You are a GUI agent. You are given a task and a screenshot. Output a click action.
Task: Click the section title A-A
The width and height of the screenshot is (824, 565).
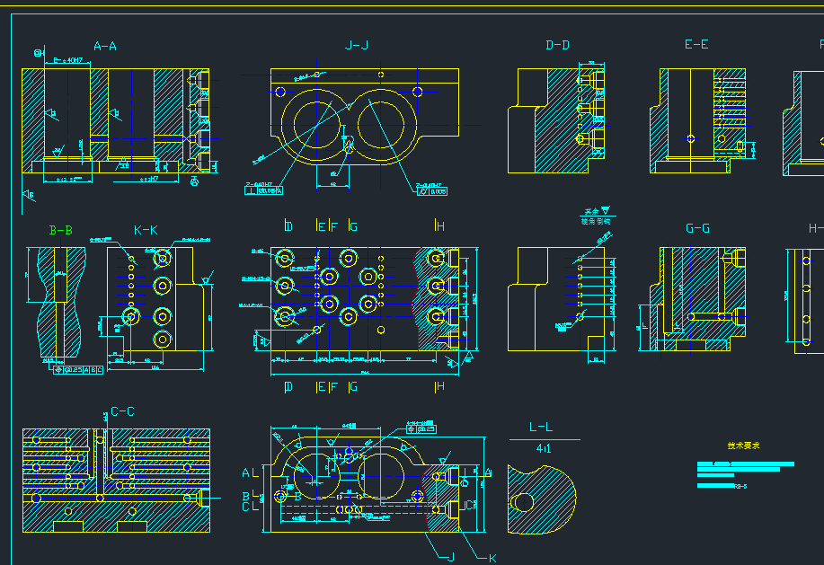pyautogui.click(x=105, y=46)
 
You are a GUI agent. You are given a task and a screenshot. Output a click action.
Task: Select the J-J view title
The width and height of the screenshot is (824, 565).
pyautogui.click(x=357, y=46)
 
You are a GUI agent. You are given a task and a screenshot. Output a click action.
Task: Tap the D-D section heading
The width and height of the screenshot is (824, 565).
pyautogui.click(x=557, y=46)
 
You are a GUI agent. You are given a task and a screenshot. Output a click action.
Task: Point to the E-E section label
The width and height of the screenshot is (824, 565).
pyautogui.click(x=696, y=46)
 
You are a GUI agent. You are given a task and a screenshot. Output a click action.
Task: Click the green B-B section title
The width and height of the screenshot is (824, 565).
pyautogui.click(x=61, y=231)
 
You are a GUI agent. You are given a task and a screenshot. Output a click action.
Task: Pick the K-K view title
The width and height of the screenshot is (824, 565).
pyautogui.click(x=146, y=231)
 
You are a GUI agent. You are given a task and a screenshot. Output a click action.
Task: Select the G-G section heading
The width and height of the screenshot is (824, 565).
pyautogui.click(x=697, y=229)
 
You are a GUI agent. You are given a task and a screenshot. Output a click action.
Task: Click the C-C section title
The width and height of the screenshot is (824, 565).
pyautogui.click(x=122, y=412)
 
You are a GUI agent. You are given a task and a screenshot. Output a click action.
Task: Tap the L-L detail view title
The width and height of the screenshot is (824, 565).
pyautogui.click(x=541, y=428)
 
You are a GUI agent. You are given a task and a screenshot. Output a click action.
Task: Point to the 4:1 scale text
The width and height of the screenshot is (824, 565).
pyautogui.click(x=544, y=447)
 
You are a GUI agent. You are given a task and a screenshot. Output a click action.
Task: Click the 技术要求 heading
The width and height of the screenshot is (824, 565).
pyautogui.click(x=744, y=446)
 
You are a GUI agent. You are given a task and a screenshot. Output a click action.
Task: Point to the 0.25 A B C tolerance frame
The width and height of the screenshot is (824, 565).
pyautogui.click(x=81, y=369)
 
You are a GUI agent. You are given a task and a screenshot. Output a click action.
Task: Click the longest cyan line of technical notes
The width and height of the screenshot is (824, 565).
pyautogui.click(x=746, y=464)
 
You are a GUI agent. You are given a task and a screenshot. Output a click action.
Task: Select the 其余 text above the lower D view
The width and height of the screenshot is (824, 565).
pyautogui.click(x=590, y=212)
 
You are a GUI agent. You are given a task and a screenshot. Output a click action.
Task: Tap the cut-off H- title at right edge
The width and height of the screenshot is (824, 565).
pyautogui.click(x=815, y=229)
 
